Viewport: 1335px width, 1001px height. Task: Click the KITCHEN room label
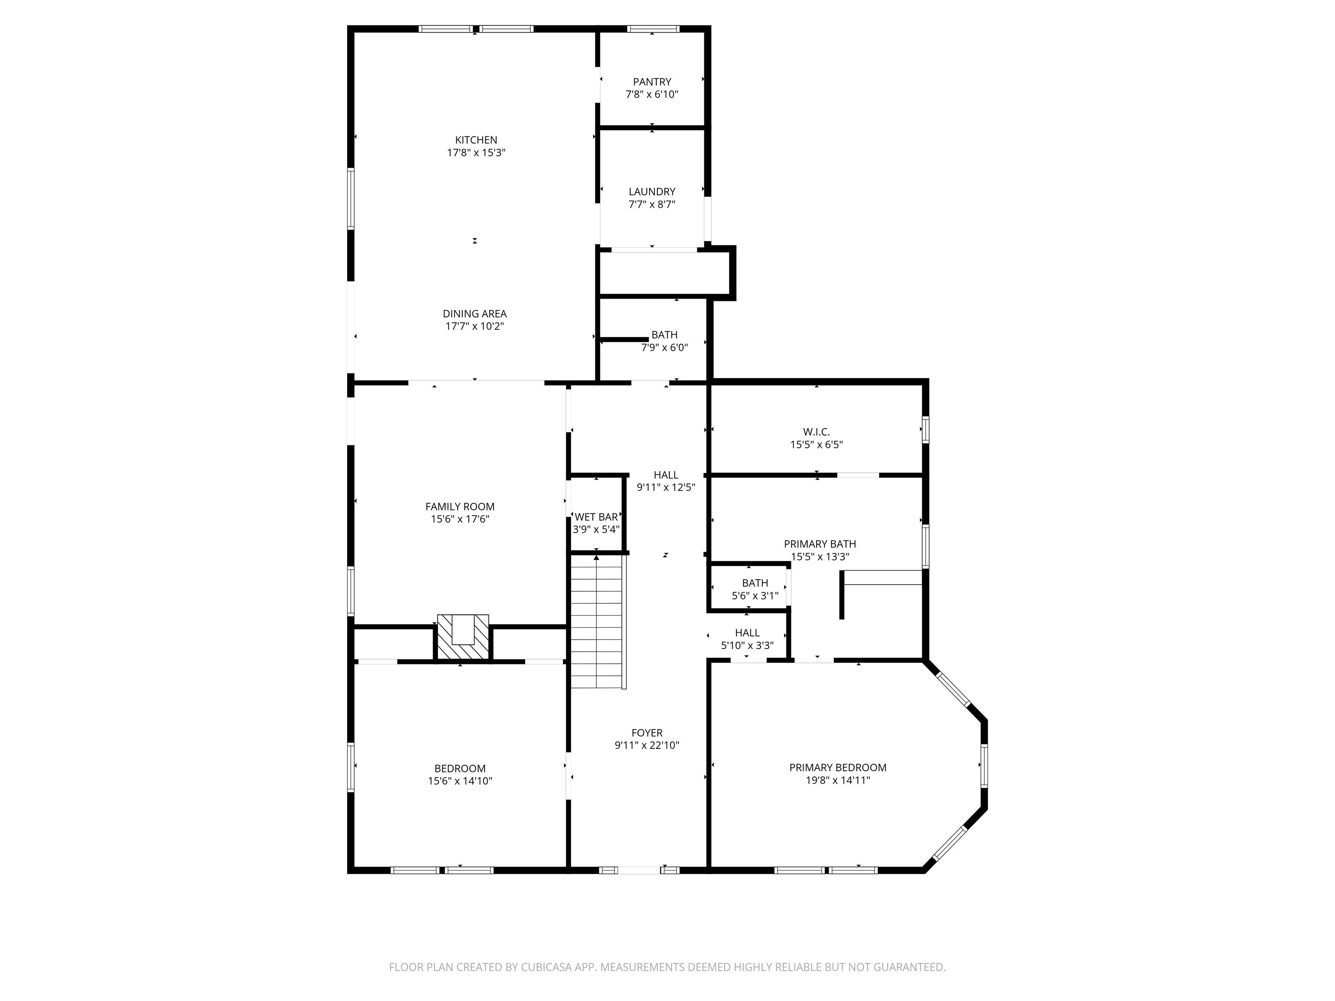[476, 140]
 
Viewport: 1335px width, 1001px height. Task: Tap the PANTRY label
[652, 81]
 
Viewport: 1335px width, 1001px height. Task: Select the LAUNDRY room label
[652, 192]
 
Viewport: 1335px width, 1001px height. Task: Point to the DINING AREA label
[475, 314]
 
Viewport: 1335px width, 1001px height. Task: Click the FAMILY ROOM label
[460, 507]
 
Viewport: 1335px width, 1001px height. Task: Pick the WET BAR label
[596, 517]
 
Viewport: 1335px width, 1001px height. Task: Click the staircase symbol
[597, 621]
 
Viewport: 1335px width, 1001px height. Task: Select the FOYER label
[647, 733]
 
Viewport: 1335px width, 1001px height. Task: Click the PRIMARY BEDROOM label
[838, 768]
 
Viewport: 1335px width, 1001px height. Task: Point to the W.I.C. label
[817, 432]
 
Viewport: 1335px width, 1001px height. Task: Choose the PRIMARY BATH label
[820, 544]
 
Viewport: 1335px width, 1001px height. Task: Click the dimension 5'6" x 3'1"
[755, 596]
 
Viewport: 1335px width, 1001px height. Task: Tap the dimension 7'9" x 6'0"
[664, 348]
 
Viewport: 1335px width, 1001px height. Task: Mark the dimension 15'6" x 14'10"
[460, 781]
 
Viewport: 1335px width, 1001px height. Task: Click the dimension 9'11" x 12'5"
[666, 487]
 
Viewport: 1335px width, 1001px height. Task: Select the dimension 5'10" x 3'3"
[747, 646]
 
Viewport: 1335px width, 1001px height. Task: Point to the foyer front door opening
[639, 870]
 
